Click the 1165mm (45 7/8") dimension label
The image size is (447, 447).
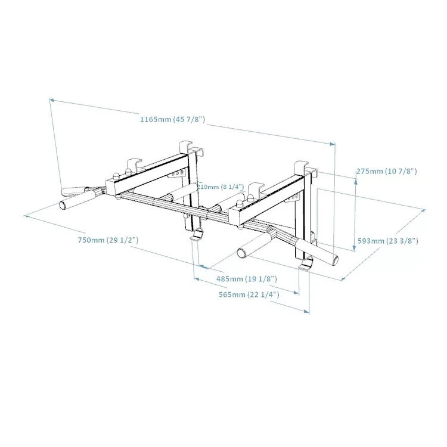(x=173, y=119)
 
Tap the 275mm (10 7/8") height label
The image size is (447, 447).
(x=386, y=171)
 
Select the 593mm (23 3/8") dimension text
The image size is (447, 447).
(x=387, y=241)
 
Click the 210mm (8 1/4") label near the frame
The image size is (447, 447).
(x=221, y=187)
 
